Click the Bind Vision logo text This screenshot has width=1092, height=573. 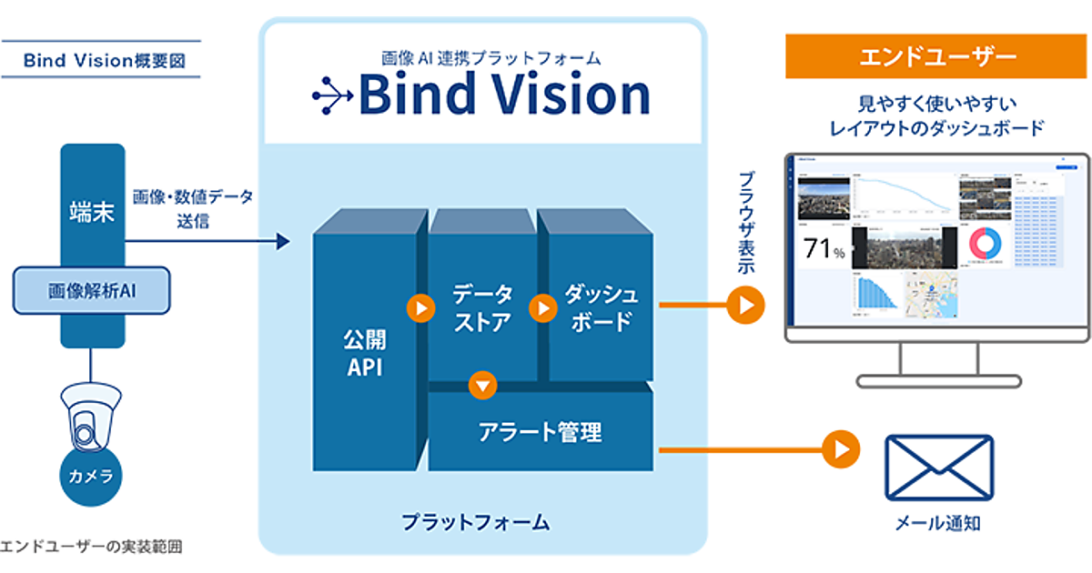tap(503, 95)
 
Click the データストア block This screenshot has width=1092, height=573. tap(481, 308)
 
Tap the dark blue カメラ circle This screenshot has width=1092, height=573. tap(91, 475)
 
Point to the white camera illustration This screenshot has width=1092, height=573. tap(90, 413)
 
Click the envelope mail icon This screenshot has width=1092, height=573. tap(939, 467)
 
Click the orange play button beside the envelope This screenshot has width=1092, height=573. tap(841, 448)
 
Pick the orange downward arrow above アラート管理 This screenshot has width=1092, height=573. tap(483, 385)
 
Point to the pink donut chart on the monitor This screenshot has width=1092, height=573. tap(986, 246)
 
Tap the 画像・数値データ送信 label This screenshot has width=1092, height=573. tap(193, 208)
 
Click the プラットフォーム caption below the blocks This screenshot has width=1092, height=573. tap(476, 522)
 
